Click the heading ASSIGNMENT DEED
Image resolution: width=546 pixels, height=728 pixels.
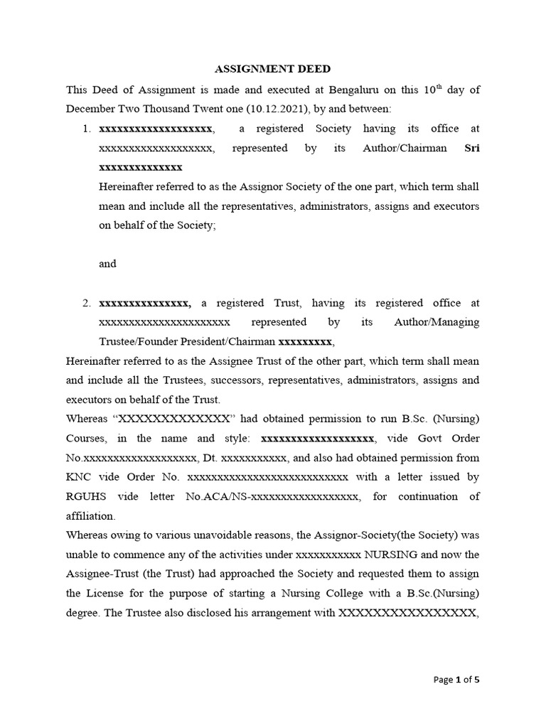tap(273, 70)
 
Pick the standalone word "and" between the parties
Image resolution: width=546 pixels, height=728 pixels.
tap(107, 264)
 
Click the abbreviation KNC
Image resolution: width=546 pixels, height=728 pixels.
tap(77, 477)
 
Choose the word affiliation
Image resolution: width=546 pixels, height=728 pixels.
tap(90, 515)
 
